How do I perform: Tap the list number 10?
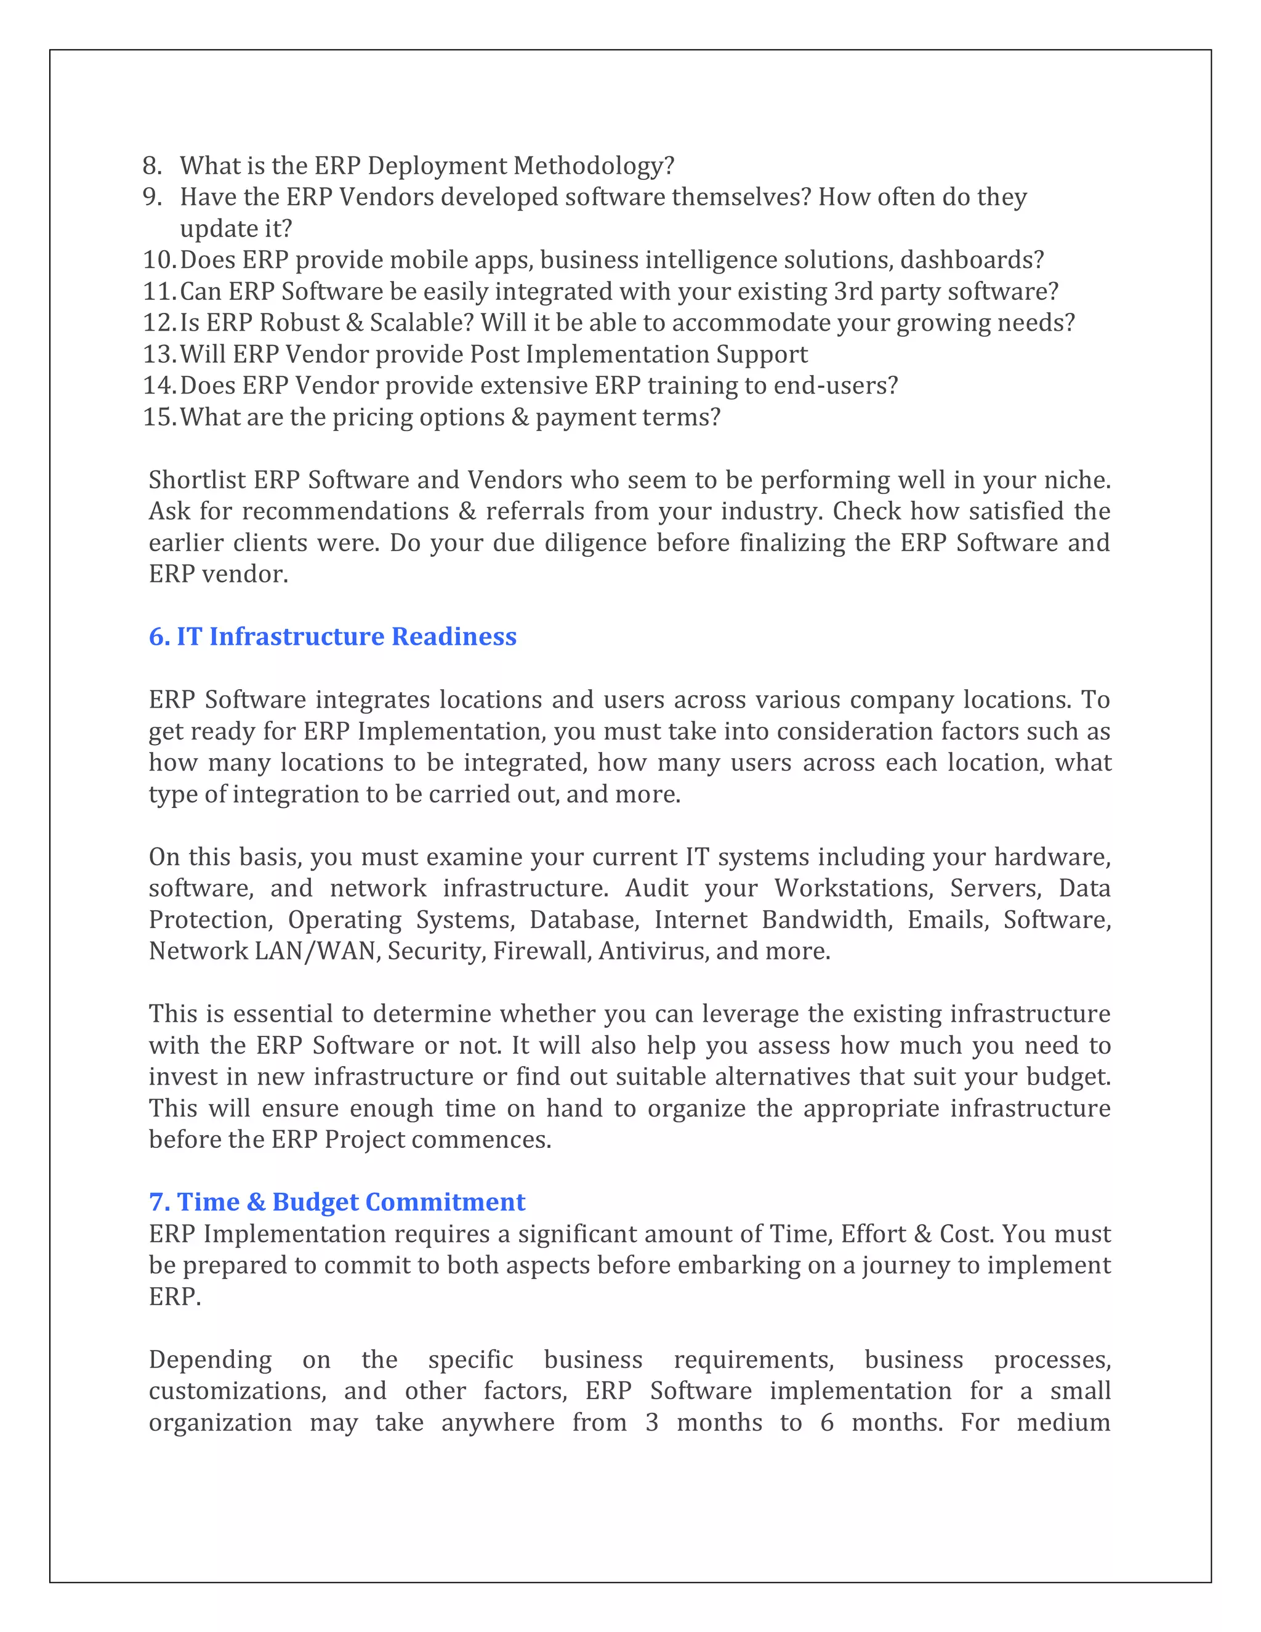point(158,259)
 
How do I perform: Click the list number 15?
point(158,416)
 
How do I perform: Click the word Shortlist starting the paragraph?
point(196,479)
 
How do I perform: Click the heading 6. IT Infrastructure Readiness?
point(332,636)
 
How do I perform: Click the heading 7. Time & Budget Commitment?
point(337,1202)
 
